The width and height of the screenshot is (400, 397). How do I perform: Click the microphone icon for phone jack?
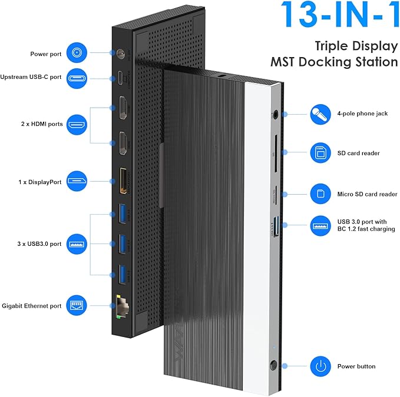321,114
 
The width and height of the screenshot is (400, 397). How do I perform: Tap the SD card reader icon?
321,153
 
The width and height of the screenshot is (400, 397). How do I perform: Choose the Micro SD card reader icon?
321,194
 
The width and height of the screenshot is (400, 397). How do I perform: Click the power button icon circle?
321,366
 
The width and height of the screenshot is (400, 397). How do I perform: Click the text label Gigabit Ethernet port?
31,305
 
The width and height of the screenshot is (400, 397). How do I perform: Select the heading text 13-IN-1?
339,16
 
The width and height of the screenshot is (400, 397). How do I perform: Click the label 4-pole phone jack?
362,114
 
